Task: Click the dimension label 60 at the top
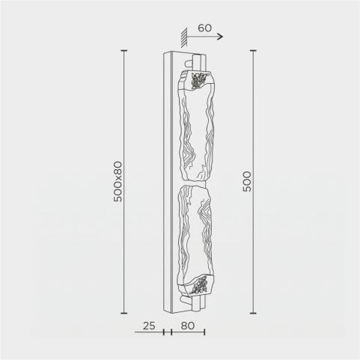[x=204, y=28]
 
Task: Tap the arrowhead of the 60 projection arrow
[x=221, y=37]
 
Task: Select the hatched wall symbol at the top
[x=184, y=37]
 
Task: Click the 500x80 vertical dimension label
[x=118, y=181]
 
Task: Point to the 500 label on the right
[x=247, y=181]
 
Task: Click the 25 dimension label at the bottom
[x=149, y=326]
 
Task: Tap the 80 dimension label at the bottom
[x=188, y=326]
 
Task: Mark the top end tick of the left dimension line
[x=124, y=50]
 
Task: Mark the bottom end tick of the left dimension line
[x=124, y=313]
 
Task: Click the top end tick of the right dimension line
[x=253, y=50]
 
